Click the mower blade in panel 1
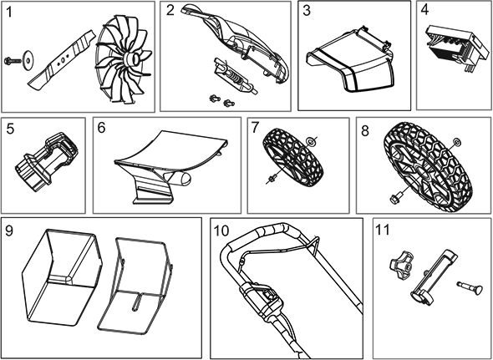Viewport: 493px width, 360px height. coord(62,58)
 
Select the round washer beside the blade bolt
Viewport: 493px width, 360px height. coord(28,58)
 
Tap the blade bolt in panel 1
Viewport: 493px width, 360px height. coord(13,60)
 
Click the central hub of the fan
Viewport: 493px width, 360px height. coord(132,58)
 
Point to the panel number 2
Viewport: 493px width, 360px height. coord(170,11)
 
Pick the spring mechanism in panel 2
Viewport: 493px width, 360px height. coord(235,76)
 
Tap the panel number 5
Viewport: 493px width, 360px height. coord(10,129)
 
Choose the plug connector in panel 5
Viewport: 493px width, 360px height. coord(47,162)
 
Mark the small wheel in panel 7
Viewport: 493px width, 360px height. coord(294,157)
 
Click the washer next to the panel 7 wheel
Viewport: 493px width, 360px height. coord(312,142)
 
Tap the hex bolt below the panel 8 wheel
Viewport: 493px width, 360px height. coord(395,198)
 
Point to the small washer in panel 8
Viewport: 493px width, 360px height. coord(457,141)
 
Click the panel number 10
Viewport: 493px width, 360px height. coord(221,231)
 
